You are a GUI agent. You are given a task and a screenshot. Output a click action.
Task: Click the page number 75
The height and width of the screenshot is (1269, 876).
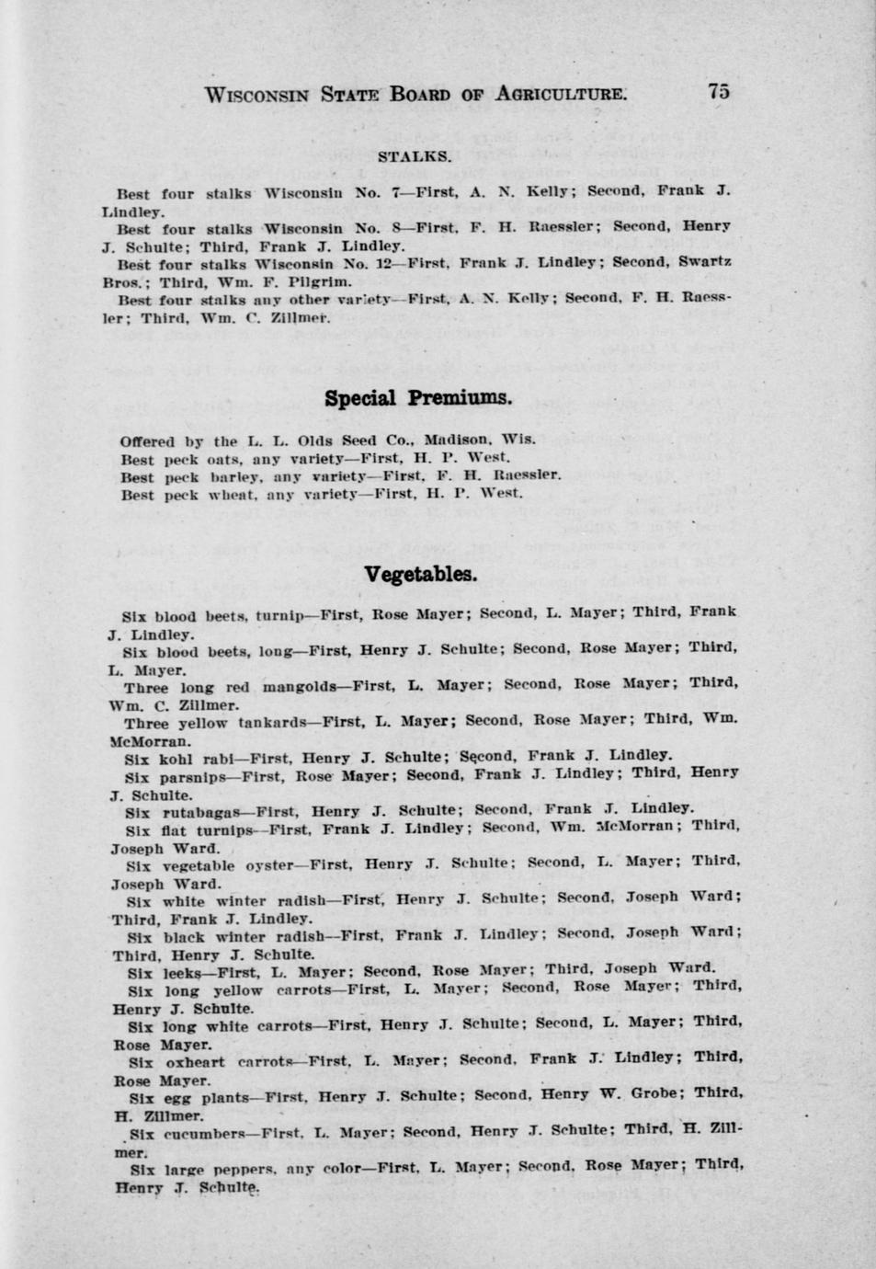pyautogui.click(x=718, y=91)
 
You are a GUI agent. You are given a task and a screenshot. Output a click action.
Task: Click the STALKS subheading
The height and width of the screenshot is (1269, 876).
pyautogui.click(x=415, y=157)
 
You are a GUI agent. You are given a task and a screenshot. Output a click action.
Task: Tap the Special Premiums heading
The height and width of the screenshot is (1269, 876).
pyautogui.click(x=417, y=398)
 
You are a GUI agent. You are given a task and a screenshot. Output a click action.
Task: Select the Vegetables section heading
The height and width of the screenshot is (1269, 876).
pyautogui.click(x=421, y=575)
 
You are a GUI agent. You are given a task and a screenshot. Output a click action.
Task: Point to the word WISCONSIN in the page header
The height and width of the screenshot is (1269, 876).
pyautogui.click(x=261, y=95)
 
